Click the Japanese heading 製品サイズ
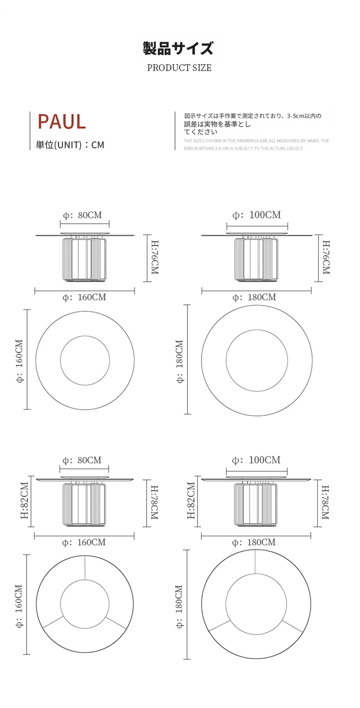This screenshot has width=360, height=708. coord(178,48)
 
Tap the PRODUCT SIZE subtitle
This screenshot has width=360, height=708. coord(179,68)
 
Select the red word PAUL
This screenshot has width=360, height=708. coord(62,122)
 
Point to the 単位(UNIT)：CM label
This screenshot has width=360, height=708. coord(70,145)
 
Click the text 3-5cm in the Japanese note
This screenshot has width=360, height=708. coord(296,116)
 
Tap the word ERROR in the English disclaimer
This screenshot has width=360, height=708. coord(191,148)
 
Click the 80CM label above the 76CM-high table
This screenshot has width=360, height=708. coord(90,215)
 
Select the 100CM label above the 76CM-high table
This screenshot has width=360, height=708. coord(265,214)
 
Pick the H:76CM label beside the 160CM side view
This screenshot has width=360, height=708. coord(155,257)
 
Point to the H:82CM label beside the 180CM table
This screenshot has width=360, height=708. coord(191,500)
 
